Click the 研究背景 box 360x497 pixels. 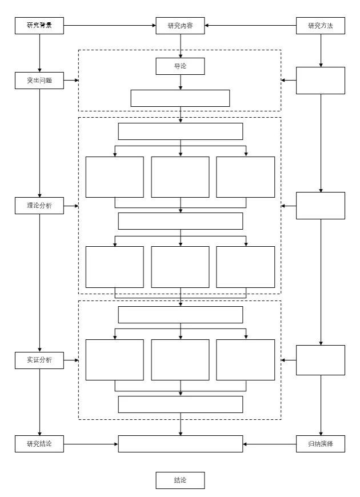click(x=39, y=25)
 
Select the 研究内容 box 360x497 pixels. click(x=180, y=25)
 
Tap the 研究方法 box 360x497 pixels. click(x=320, y=25)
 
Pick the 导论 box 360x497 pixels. click(x=180, y=66)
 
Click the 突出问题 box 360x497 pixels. click(x=39, y=81)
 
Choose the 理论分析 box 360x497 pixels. click(x=39, y=206)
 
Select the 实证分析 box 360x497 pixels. click(x=39, y=360)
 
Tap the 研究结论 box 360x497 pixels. click(x=39, y=444)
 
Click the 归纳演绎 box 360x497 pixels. click(x=320, y=444)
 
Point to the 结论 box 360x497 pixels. click(x=180, y=480)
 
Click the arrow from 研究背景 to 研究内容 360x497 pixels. click(x=109, y=25)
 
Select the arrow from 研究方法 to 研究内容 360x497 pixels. click(x=251, y=25)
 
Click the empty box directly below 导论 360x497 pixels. click(x=180, y=98)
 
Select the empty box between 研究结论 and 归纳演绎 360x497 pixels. click(x=180, y=444)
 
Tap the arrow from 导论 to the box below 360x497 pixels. click(x=181, y=82)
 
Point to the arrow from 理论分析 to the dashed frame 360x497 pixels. click(x=71, y=206)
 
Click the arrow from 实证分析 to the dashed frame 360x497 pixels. click(x=71, y=360)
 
